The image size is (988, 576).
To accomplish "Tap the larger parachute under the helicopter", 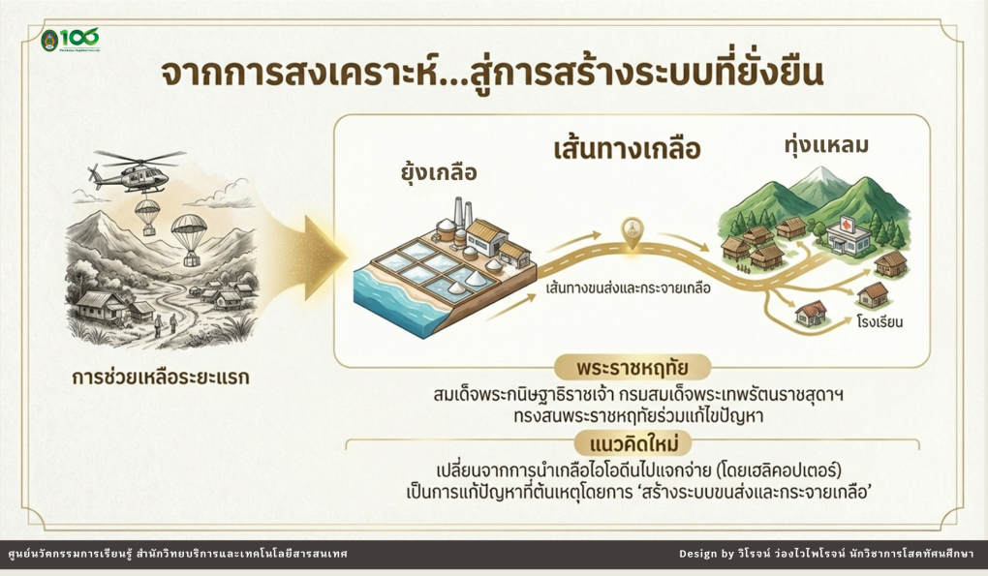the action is tap(189, 239).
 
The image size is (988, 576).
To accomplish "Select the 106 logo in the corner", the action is tap(70, 40).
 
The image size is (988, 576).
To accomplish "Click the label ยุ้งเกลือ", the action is tap(439, 172).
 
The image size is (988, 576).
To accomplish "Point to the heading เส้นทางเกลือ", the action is tap(627, 150).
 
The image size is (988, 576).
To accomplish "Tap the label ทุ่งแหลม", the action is tap(826, 145).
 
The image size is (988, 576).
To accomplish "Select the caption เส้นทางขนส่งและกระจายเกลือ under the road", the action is tap(629, 288).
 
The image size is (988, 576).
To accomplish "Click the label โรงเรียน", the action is tap(880, 321).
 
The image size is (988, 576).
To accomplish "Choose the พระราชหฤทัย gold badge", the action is tap(632, 367).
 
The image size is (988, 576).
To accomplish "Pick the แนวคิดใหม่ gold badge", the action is tap(633, 443).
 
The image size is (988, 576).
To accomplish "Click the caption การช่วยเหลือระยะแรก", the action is tap(160, 378).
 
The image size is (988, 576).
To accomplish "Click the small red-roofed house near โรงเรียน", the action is tap(811, 313).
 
